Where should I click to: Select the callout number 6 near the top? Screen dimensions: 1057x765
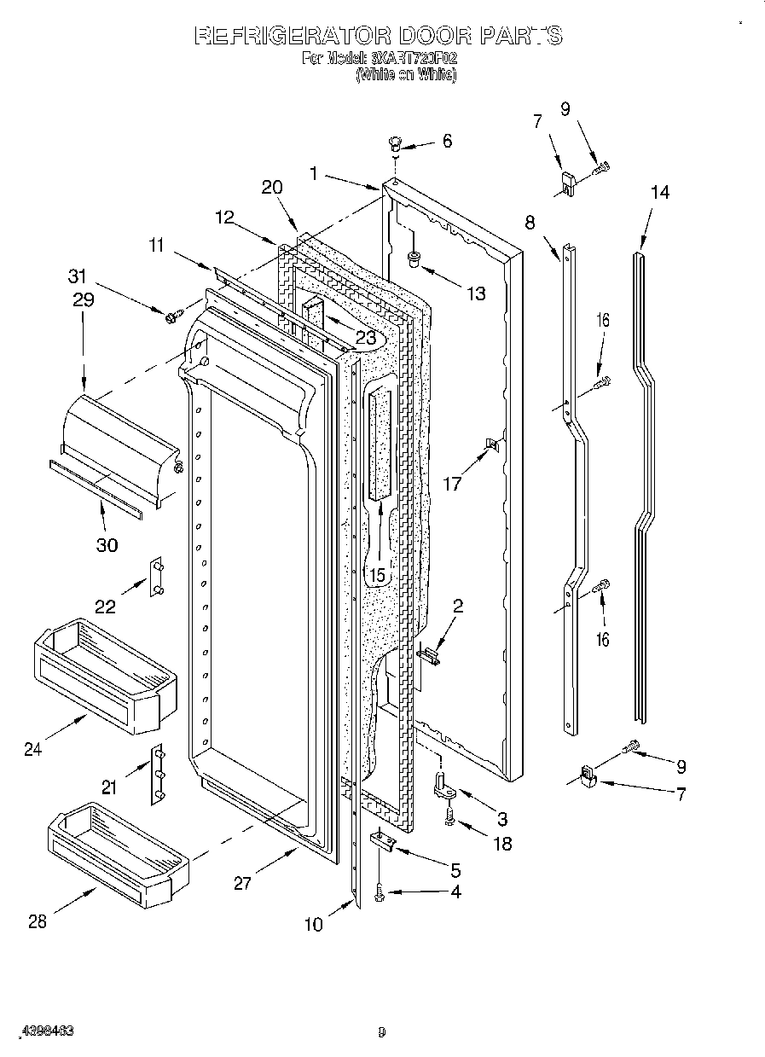[446, 142]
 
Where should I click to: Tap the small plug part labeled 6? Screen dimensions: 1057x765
[395, 142]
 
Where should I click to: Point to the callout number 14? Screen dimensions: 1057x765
[659, 193]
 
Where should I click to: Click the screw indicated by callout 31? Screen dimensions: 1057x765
[171, 317]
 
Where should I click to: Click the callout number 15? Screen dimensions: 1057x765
[376, 575]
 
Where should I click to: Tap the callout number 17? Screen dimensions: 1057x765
[452, 484]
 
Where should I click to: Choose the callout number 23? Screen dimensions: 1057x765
[366, 336]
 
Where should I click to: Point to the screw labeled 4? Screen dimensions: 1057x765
[379, 893]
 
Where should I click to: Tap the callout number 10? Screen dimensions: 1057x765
[314, 923]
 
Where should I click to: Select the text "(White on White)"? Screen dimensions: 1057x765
[406, 75]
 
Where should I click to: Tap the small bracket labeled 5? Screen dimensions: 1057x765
[383, 843]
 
